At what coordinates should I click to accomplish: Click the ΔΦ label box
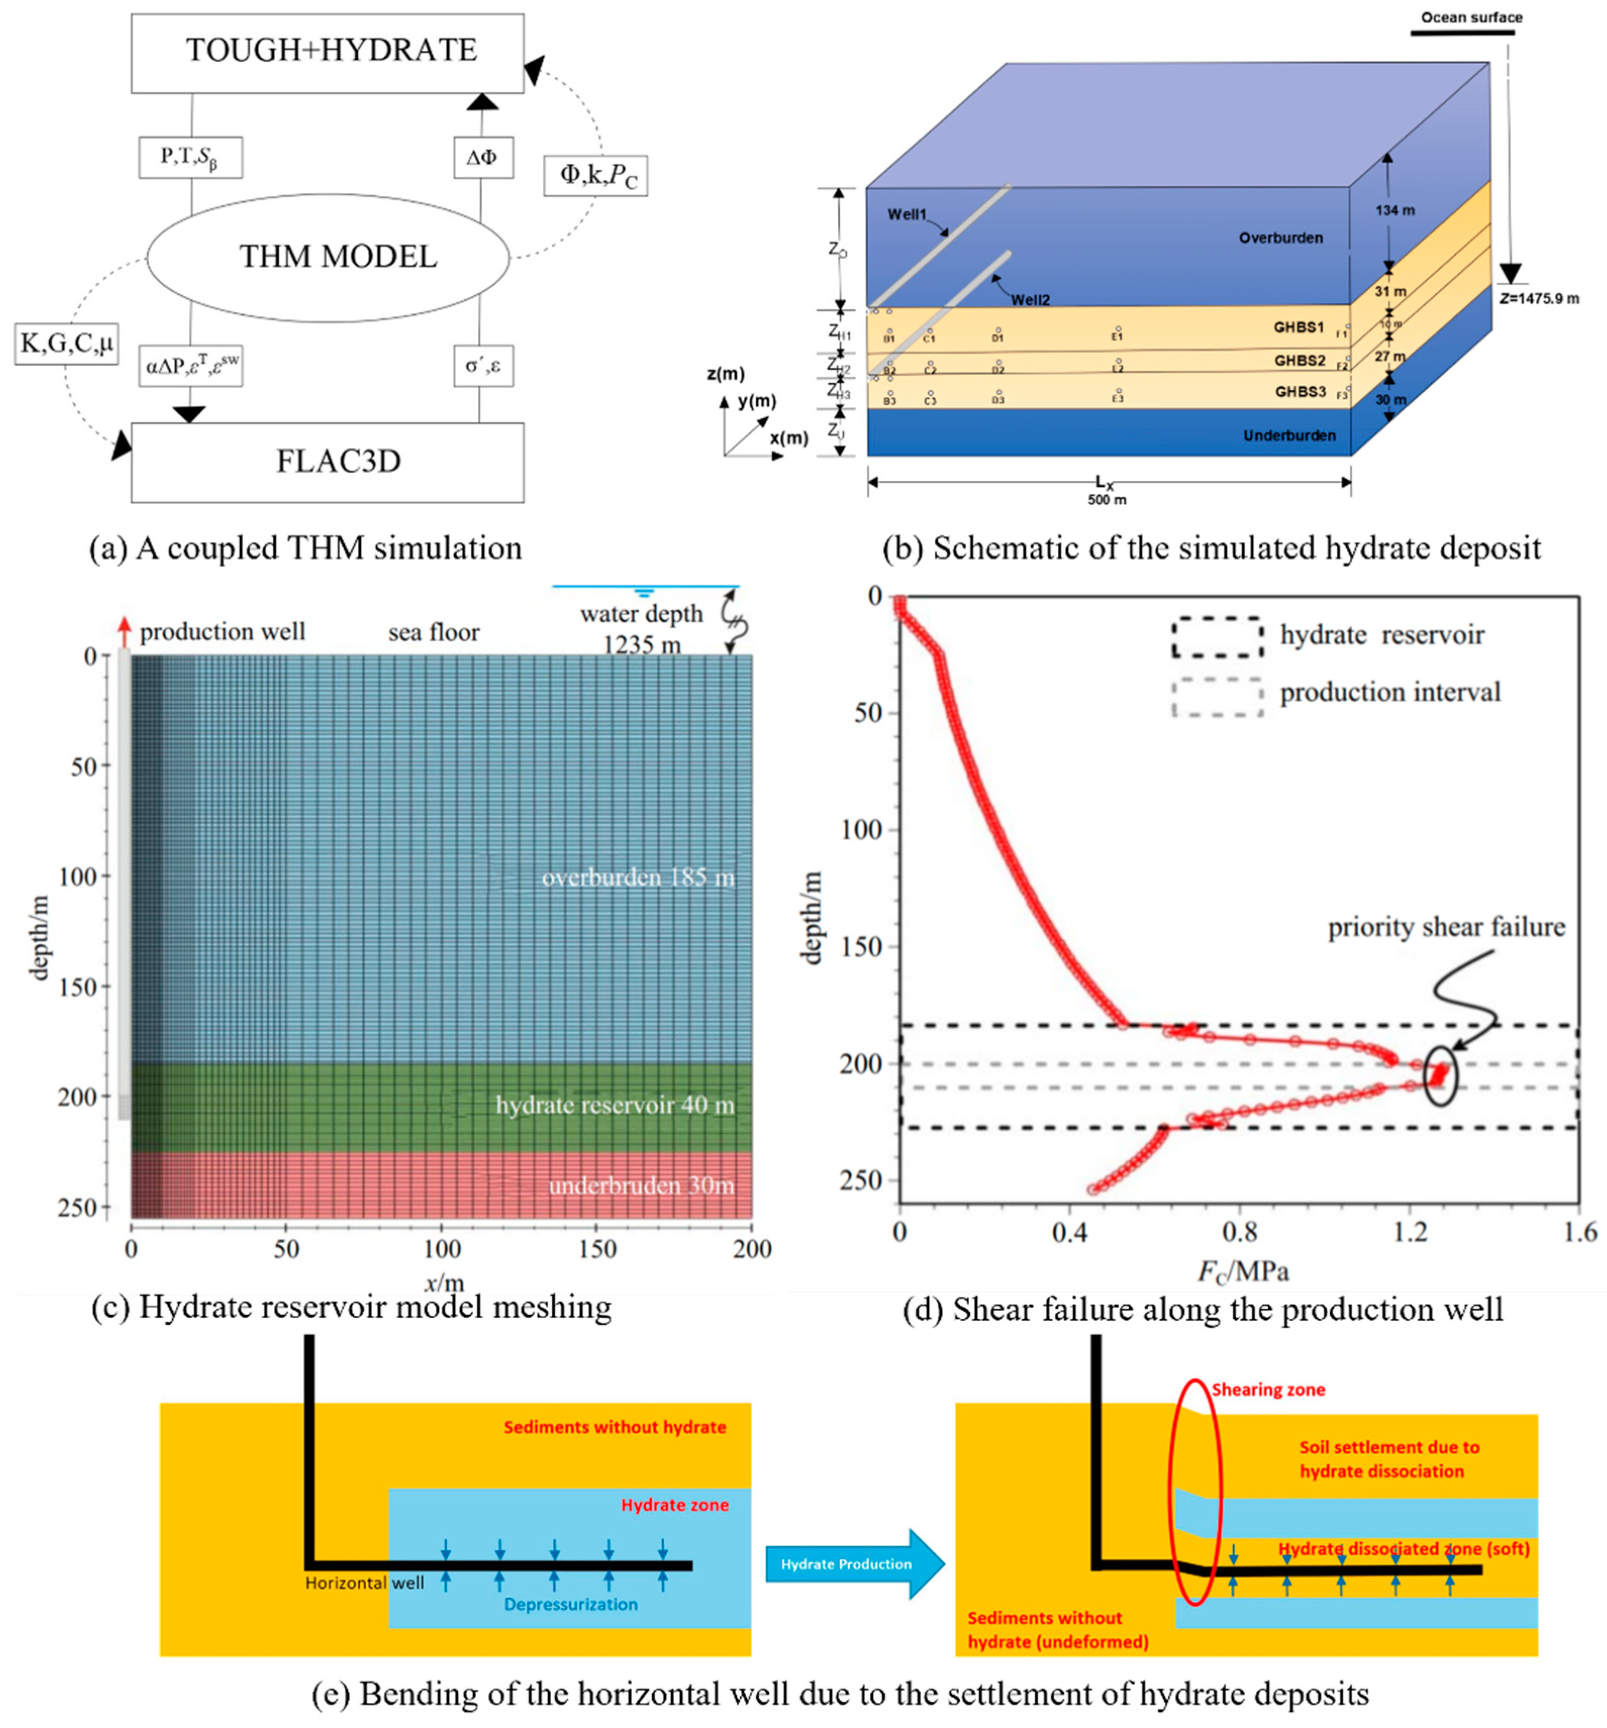pyautogui.click(x=482, y=158)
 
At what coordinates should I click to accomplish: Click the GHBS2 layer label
pyautogui.click(x=1299, y=361)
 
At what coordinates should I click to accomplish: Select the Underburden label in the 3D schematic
pyautogui.click(x=1289, y=435)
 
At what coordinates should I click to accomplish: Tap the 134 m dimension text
pyautogui.click(x=1394, y=211)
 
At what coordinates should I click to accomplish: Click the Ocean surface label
pyautogui.click(x=1471, y=17)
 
